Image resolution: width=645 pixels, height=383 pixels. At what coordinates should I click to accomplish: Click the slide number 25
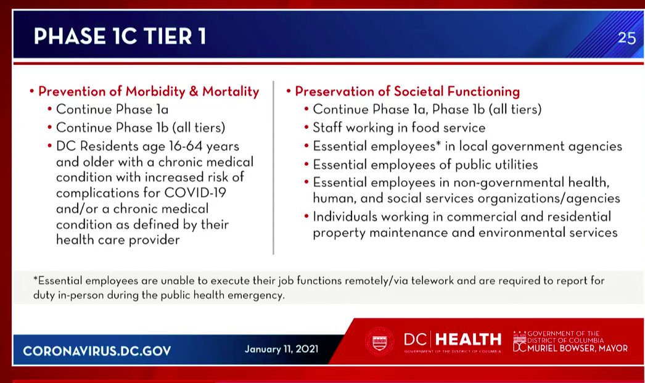627,38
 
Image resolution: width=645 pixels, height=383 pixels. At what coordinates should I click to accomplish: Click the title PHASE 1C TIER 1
120,37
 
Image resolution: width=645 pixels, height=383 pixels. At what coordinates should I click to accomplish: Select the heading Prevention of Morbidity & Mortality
149,92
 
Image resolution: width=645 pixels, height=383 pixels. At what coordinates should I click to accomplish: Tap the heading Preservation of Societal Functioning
407,92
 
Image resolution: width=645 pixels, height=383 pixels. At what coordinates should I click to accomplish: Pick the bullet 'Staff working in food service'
399,128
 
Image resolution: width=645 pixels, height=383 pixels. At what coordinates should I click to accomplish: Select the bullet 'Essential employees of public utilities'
425,165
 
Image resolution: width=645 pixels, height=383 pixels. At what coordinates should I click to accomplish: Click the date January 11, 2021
281,349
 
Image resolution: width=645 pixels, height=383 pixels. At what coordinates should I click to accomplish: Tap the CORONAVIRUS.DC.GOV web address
97,351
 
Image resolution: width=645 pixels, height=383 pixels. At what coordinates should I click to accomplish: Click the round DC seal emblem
379,341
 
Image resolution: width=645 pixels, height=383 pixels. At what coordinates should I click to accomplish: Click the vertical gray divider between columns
273,167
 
